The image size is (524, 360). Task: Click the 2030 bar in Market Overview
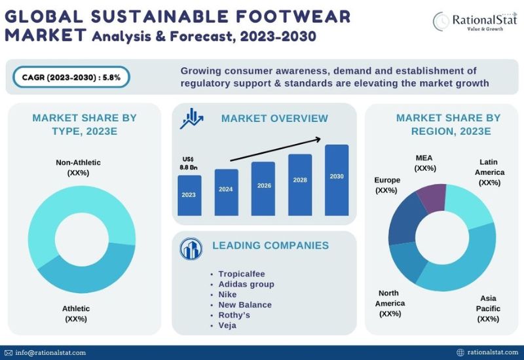[x=337, y=180]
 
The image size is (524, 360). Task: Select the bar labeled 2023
[x=189, y=195]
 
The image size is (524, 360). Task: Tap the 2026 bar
[x=263, y=189]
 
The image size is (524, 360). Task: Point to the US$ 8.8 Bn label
[x=188, y=163]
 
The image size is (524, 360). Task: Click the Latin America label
[x=489, y=172]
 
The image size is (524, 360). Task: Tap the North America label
[x=390, y=303]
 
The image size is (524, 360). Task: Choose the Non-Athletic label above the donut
[x=78, y=168]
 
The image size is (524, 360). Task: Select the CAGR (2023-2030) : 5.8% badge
[x=71, y=77]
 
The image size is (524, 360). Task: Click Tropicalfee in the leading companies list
[x=242, y=274]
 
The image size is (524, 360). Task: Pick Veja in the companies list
[x=227, y=325]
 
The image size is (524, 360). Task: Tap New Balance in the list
[x=245, y=304]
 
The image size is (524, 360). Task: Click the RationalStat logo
[x=475, y=22]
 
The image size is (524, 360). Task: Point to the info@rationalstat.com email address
[x=50, y=353]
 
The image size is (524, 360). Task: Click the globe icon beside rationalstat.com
[x=460, y=352]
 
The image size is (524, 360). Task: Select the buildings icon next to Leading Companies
[x=191, y=249]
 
